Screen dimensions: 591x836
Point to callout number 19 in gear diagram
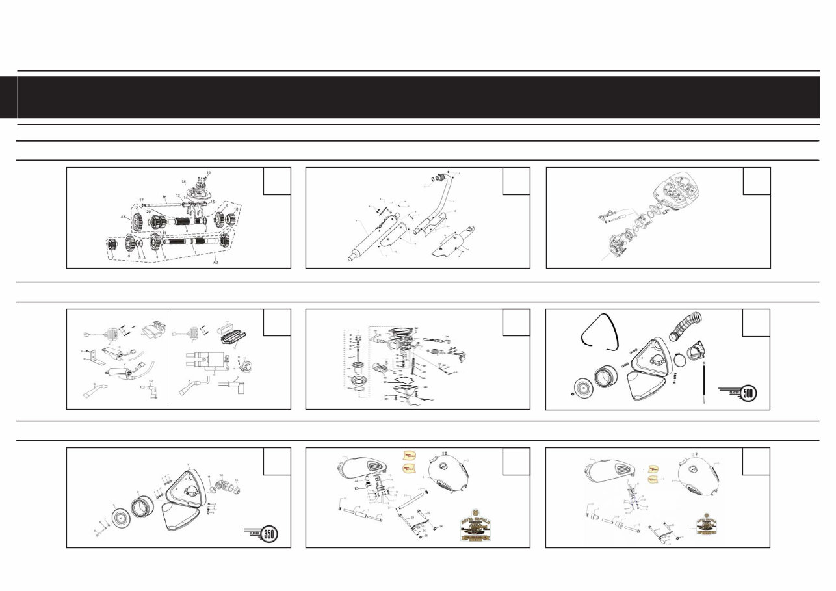[x=209, y=173]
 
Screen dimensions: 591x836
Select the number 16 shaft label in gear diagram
[x=164, y=196]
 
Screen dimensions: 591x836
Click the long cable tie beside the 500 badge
[x=704, y=384]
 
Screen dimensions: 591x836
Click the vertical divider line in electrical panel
[x=168, y=358]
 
